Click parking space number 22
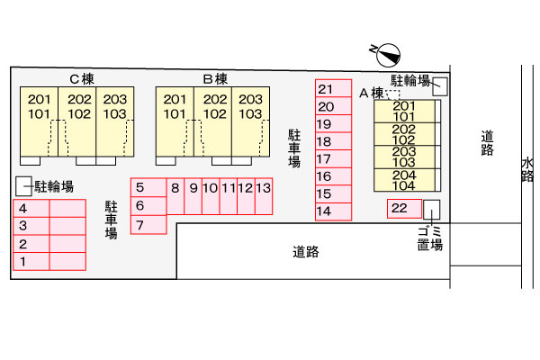(x=404, y=209)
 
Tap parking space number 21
(x=333, y=88)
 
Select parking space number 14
(x=333, y=211)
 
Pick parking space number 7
(x=148, y=225)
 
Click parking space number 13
(x=264, y=196)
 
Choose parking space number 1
(x=31, y=261)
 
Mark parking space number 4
(x=31, y=208)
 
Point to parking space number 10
(x=211, y=196)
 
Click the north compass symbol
(x=388, y=55)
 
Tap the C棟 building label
(x=82, y=79)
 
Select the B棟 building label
(x=215, y=79)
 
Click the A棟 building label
(x=371, y=93)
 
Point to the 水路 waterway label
(x=527, y=169)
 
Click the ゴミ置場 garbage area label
(x=430, y=238)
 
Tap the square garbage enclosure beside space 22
(x=431, y=210)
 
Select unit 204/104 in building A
(x=404, y=180)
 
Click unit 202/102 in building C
(x=77, y=121)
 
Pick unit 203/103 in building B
(x=251, y=121)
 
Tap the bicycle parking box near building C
(x=23, y=186)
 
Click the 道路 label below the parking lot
(x=306, y=252)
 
